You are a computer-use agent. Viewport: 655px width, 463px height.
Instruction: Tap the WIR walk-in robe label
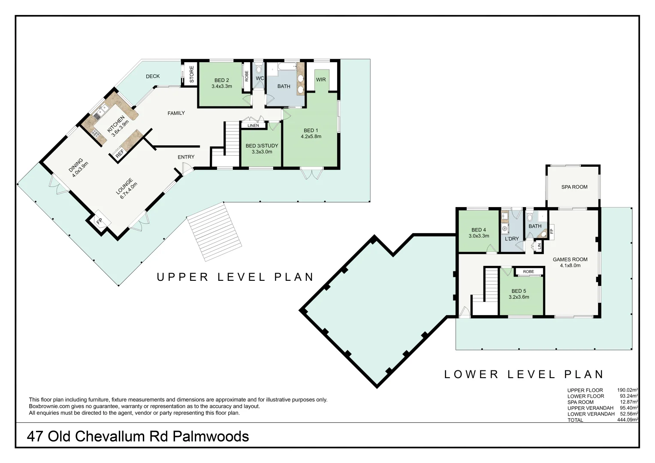tap(321, 80)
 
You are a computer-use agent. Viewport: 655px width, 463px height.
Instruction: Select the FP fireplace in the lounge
tap(100, 222)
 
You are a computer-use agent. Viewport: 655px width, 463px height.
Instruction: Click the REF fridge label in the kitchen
tap(120, 153)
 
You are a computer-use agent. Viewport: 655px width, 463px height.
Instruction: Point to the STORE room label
tap(192, 74)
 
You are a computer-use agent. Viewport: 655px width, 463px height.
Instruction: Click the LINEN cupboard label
tap(253, 126)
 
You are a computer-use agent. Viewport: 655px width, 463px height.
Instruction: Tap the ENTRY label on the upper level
tap(186, 157)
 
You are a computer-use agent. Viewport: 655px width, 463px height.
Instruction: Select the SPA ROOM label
tap(574, 187)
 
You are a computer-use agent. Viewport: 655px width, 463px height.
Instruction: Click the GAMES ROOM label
tap(570, 259)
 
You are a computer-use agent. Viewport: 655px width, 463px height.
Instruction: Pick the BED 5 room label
tap(519, 291)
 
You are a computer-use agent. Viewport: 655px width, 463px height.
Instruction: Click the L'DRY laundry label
tap(512, 239)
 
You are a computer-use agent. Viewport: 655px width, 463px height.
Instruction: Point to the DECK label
tap(153, 76)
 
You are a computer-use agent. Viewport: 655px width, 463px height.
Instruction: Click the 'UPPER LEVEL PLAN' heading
tap(235, 277)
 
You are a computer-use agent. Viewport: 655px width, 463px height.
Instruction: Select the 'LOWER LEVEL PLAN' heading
tap(524, 374)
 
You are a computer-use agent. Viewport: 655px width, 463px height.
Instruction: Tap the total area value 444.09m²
tap(627, 420)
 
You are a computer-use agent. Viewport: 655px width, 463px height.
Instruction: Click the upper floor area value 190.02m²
tap(627, 390)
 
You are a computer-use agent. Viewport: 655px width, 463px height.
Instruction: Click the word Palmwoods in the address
tap(211, 436)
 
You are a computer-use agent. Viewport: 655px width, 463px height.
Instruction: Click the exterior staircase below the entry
tap(214, 231)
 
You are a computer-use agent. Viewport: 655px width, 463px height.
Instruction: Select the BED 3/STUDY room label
tap(262, 146)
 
